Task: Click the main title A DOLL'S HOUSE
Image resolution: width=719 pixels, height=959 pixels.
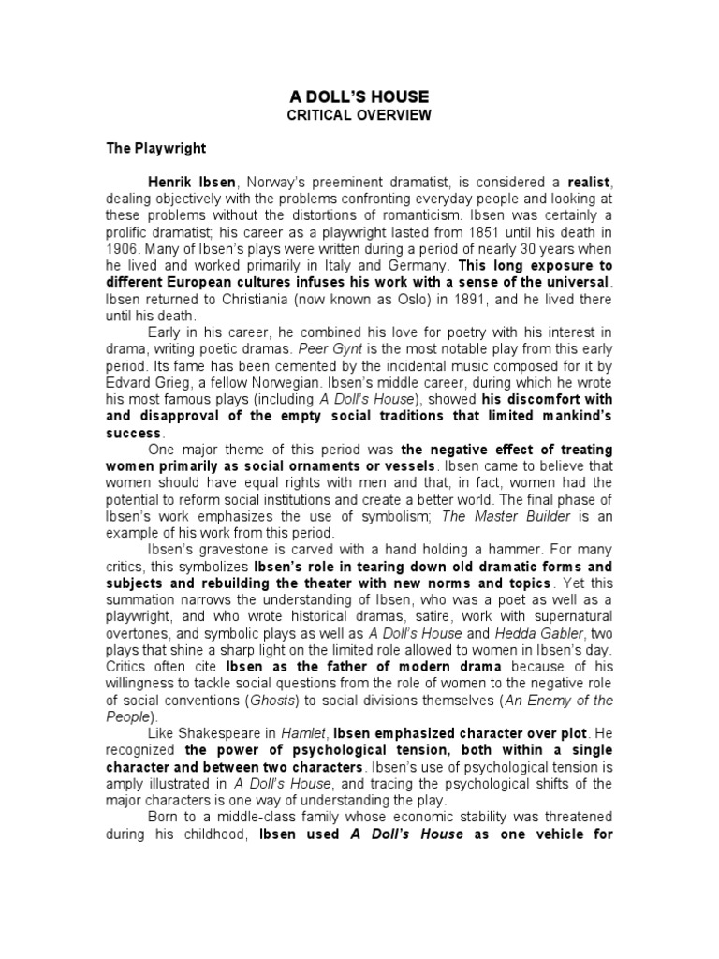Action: coord(359,97)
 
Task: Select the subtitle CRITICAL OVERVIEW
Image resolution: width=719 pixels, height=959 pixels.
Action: coord(359,115)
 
